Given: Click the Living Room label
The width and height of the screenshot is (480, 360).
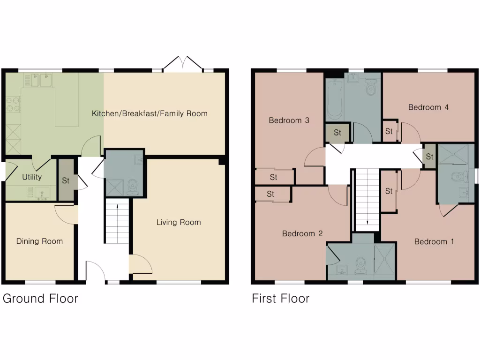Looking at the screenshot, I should pyautogui.click(x=179, y=222).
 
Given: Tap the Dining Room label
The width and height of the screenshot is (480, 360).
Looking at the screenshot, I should pyautogui.click(x=39, y=241).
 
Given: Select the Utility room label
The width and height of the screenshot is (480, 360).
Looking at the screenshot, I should pyautogui.click(x=32, y=177).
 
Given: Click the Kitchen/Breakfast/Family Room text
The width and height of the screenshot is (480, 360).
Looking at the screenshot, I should pyautogui.click(x=150, y=113).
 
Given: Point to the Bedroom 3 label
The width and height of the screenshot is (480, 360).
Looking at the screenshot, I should pyautogui.click(x=289, y=120).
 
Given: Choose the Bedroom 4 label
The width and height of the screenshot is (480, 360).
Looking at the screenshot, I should pyautogui.click(x=428, y=107).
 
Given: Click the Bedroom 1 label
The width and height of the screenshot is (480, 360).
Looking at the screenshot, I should pyautogui.click(x=434, y=242).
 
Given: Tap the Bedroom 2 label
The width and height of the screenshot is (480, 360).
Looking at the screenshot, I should pyautogui.click(x=302, y=233).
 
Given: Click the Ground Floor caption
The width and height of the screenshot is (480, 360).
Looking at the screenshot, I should pyautogui.click(x=40, y=299).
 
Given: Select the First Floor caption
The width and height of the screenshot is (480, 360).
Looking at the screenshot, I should pyautogui.click(x=281, y=299).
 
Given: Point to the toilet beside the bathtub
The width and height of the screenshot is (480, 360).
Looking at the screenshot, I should pyautogui.click(x=371, y=87).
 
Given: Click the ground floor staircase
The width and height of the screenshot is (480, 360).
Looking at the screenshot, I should pyautogui.click(x=116, y=221).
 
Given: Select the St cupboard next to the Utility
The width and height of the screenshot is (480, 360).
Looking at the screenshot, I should pyautogui.click(x=66, y=180).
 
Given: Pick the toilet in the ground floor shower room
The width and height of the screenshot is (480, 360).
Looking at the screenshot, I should pyautogui.click(x=133, y=186).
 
